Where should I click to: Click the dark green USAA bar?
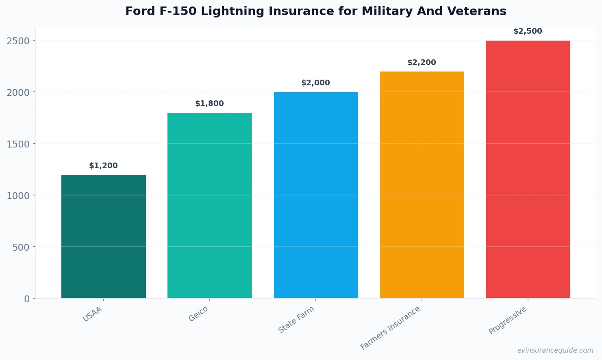103,236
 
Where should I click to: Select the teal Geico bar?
209,206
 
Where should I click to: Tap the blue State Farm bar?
316,195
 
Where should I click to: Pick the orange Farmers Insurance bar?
422,185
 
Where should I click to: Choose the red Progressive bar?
528,169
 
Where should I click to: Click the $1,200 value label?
103,166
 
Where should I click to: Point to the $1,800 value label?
209,104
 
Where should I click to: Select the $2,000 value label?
315,83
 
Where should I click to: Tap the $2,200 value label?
422,63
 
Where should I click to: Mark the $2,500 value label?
528,31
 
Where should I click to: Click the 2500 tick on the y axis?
18,41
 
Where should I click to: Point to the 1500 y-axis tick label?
18,144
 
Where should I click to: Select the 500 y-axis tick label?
21,247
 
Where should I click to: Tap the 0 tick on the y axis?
27,299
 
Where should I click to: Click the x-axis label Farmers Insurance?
390,328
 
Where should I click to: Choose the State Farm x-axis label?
296,320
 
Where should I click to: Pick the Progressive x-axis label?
507,320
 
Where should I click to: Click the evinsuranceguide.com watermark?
555,350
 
